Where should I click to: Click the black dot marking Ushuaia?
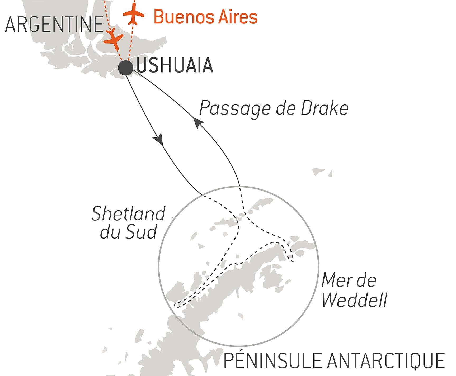point(125,68)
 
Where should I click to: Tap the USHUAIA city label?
point(175,65)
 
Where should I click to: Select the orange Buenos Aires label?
point(205,17)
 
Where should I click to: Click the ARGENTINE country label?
point(54,25)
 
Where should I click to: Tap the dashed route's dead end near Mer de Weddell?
point(293,261)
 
